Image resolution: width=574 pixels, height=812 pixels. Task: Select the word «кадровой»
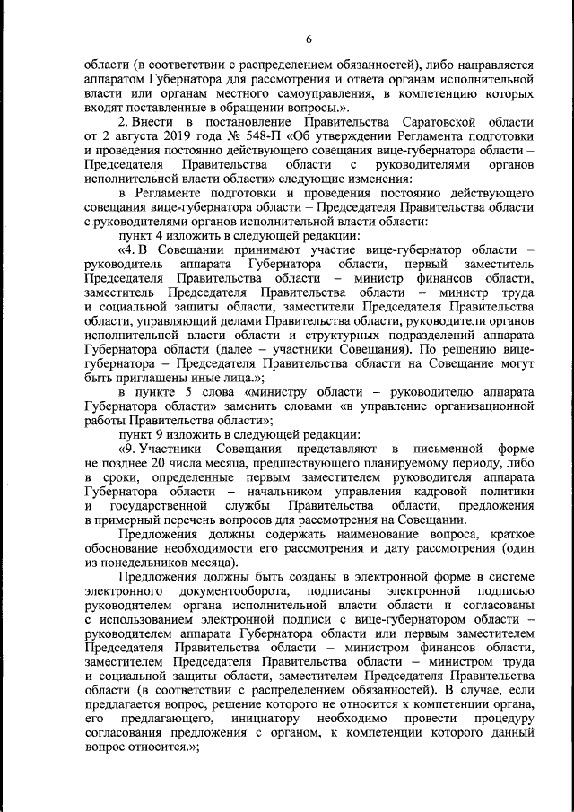pyautogui.click(x=427, y=493)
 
